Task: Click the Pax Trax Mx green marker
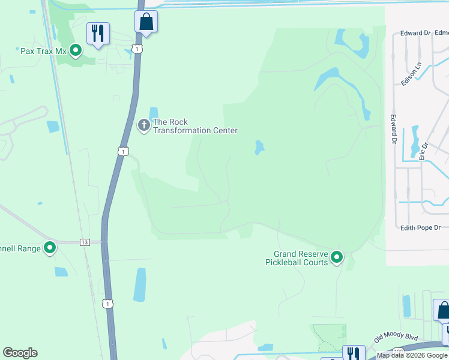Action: [76, 50]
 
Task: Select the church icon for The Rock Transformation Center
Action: [143, 125]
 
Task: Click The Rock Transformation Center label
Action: [196, 126]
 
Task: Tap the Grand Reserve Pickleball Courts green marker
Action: [337, 258]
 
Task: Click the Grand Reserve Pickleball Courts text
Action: [297, 258]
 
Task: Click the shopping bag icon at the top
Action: [146, 22]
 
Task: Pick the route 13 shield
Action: [85, 242]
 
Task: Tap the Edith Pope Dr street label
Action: [420, 227]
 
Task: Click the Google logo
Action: [20, 353]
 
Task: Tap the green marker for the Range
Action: [50, 247]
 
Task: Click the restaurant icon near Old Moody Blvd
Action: [353, 353]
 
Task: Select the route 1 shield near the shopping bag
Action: [138, 48]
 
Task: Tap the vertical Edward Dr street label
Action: [394, 129]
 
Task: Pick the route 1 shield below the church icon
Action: [122, 152]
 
